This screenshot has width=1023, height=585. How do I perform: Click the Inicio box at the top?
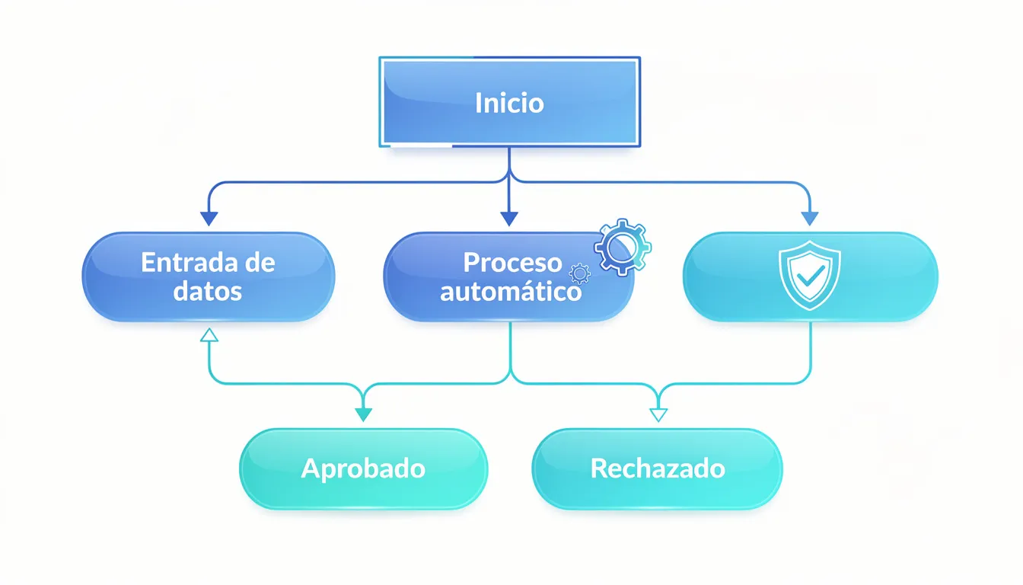509,101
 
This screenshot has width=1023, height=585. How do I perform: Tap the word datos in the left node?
208,291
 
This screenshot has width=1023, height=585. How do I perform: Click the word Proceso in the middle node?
512,263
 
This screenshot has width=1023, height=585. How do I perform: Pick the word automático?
511,292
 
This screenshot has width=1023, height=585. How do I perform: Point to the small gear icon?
580,273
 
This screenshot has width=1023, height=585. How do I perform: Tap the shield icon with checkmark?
810,275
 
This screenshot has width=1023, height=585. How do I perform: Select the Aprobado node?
363,468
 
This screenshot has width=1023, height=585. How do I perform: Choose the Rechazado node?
658,468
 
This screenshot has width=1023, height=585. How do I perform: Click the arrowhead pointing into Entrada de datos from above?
209,219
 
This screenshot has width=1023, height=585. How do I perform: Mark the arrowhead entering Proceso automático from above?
509,219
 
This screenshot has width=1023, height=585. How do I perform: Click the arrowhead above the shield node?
810,219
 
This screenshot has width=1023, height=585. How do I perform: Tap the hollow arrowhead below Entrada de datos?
209,334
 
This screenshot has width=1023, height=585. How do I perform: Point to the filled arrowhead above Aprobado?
364,414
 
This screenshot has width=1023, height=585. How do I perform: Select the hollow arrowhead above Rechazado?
658,414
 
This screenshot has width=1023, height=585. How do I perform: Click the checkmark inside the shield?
810,275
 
